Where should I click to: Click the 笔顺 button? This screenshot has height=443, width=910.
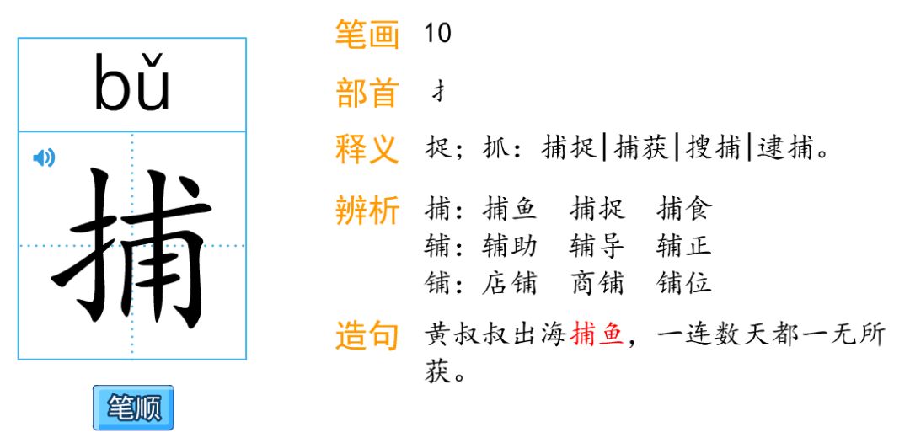(133, 408)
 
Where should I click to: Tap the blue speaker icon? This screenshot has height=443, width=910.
(44, 157)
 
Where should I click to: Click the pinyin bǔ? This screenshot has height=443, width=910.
(132, 84)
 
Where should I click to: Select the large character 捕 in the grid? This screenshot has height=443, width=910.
(132, 246)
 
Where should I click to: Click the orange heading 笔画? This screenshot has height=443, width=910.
(367, 35)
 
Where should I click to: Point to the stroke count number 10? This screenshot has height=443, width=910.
(438, 34)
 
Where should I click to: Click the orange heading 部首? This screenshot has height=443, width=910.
(367, 93)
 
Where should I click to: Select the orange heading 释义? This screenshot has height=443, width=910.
(367, 150)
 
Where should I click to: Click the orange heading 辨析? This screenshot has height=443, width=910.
(367, 210)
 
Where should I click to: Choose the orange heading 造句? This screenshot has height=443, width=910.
(367, 336)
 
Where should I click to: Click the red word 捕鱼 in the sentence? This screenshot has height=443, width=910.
(597, 335)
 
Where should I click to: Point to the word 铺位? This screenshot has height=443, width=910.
(684, 282)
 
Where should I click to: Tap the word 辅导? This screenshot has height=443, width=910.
(597, 246)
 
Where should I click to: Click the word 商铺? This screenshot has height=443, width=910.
(597, 282)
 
